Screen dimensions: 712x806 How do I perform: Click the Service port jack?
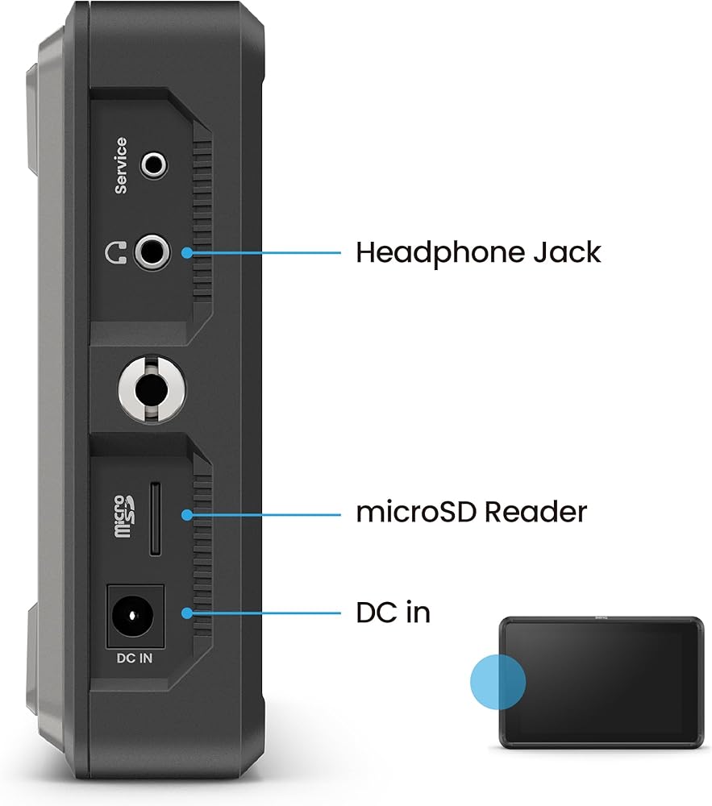(154, 165)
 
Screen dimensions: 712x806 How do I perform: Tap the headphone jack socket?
(152, 251)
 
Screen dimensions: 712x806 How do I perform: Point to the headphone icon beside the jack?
(115, 252)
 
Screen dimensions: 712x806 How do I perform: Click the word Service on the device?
(121, 165)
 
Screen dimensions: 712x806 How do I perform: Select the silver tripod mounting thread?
(152, 389)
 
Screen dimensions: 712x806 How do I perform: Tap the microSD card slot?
(155, 518)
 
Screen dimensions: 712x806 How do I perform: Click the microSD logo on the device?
(123, 516)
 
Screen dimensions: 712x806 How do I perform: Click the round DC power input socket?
(132, 615)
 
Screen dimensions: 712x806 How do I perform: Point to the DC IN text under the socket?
(135, 658)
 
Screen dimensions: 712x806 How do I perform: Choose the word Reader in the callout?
(535, 512)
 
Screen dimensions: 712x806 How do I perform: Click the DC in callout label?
(393, 613)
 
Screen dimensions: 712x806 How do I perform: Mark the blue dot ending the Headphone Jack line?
(187, 252)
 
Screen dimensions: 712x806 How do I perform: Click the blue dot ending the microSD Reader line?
(187, 514)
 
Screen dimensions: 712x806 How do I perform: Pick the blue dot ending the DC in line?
(187, 613)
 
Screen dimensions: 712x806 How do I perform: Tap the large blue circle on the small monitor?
(498, 682)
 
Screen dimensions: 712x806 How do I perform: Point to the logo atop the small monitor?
(602, 618)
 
